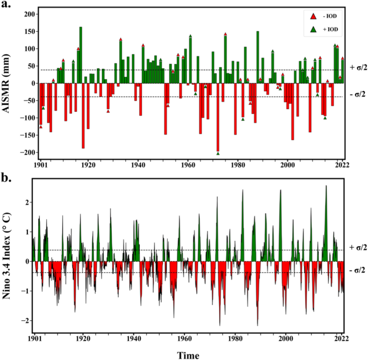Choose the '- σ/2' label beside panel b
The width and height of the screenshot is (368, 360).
pyautogui.click(x=356, y=272)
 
